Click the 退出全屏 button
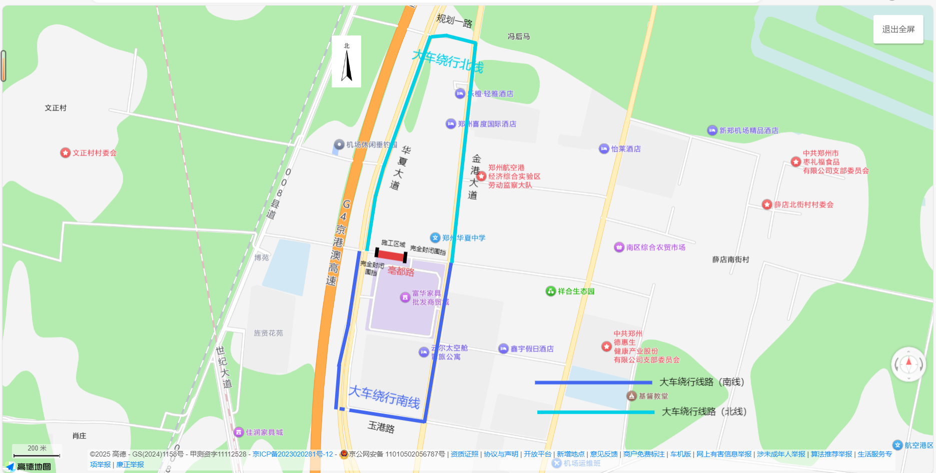click(x=898, y=29)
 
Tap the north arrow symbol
click(x=346, y=62)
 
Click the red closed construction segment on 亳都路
click(x=391, y=255)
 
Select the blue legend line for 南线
click(x=593, y=382)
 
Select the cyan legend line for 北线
click(x=595, y=412)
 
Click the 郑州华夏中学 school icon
click(x=435, y=237)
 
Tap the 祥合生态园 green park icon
click(x=550, y=291)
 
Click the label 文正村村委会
click(x=95, y=153)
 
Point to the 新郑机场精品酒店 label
click(x=748, y=130)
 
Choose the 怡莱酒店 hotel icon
click(x=604, y=148)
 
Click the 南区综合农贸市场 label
click(x=655, y=247)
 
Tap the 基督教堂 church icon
click(x=631, y=396)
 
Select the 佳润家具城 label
click(x=264, y=432)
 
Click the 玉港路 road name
click(x=381, y=427)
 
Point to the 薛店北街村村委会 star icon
click(x=767, y=204)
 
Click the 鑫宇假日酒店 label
click(x=532, y=349)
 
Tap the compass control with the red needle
click(x=908, y=364)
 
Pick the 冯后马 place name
click(x=519, y=36)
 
